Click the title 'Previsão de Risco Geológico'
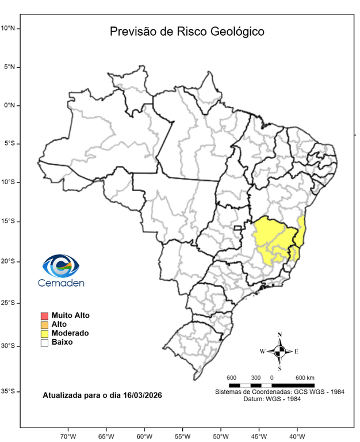pyautogui.click(x=187, y=31)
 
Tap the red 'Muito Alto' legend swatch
pyautogui.click(x=44, y=315)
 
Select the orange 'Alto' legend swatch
pyautogui.click(x=44, y=325)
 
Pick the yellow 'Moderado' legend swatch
pyautogui.click(x=44, y=333)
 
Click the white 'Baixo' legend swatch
pyautogui.click(x=44, y=342)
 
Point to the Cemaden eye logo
pyautogui.click(x=60, y=266)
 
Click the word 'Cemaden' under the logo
pyautogui.click(x=61, y=283)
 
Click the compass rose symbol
pyautogui.click(x=279, y=351)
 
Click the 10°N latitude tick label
pyautogui.click(x=10, y=28)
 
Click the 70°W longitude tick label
pyautogui.click(x=68, y=435)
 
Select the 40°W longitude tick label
pyautogui.click(x=297, y=435)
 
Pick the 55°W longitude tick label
pyautogui.click(x=182, y=435)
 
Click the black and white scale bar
pyautogui.click(x=271, y=384)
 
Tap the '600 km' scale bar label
pyautogui.click(x=305, y=378)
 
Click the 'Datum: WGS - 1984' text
pyautogui.click(x=279, y=399)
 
